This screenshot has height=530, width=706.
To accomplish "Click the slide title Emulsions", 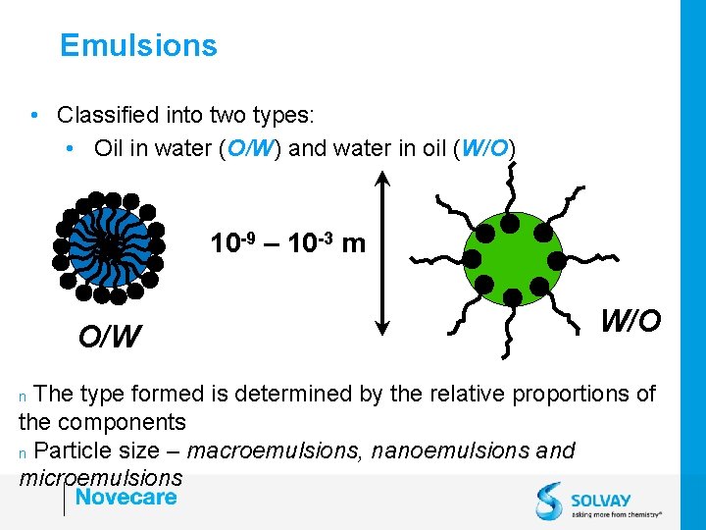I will [138, 45].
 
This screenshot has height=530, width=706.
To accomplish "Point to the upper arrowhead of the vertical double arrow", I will [381, 175].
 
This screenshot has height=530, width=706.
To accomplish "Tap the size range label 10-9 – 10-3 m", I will [287, 242].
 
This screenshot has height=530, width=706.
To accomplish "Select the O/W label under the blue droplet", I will [109, 337].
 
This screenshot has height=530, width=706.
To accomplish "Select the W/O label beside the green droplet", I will [630, 320].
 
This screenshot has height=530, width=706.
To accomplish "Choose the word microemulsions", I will [100, 478].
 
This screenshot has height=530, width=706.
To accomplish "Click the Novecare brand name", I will [126, 497].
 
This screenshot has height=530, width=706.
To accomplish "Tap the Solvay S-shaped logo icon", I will [549, 501].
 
